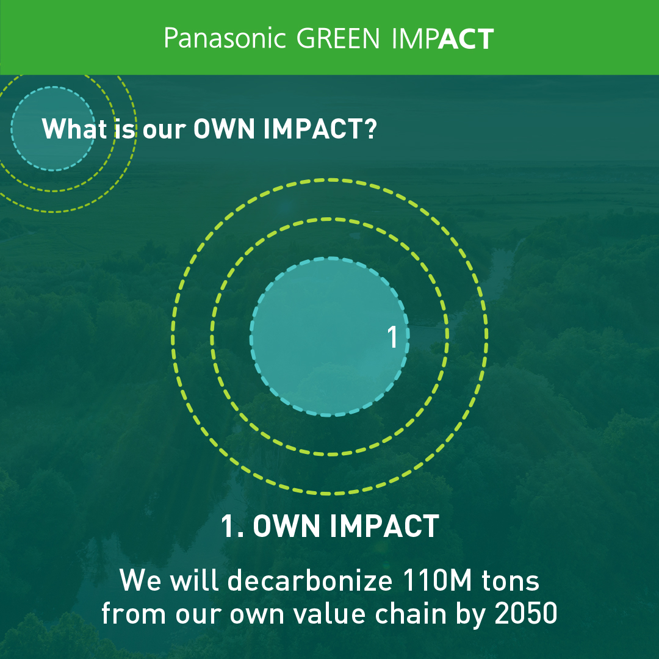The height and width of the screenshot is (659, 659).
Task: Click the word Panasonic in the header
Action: tap(225, 38)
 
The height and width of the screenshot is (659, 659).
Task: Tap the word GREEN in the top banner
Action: tap(338, 38)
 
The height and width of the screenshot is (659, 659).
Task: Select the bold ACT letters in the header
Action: tap(466, 38)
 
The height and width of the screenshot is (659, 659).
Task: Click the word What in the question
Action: tap(74, 128)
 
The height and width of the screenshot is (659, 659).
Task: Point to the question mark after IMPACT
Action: tap(370, 128)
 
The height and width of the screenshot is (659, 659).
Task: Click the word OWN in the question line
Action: tap(224, 129)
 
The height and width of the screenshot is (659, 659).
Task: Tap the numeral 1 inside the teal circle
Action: tap(392, 337)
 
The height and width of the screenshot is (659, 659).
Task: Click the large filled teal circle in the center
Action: tap(329, 336)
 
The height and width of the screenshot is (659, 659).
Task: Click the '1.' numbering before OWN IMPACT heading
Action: tap(232, 526)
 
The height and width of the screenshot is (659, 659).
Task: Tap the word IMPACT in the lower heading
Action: tap(384, 526)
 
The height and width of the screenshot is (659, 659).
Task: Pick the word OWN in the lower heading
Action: tap(286, 526)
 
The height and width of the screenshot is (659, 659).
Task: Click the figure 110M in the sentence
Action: tap(437, 580)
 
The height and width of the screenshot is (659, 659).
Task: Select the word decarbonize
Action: tap(310, 580)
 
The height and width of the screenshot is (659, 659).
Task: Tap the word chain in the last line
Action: tap(411, 614)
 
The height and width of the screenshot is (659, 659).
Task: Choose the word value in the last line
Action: tap(329, 614)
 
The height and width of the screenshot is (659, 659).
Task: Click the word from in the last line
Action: tap(134, 614)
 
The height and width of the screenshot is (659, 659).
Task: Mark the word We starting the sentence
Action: tap(140, 580)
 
